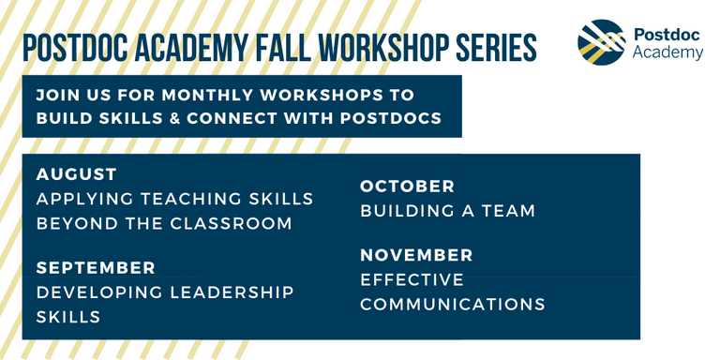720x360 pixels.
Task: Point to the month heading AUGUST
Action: pos(77,174)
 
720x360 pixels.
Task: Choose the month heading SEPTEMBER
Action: pos(96,268)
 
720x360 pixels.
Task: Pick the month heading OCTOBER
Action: pos(407,187)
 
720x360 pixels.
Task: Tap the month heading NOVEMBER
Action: pos(416,255)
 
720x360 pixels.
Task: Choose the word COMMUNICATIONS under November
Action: pos(453,304)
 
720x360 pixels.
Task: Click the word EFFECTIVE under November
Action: pos(412,279)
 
